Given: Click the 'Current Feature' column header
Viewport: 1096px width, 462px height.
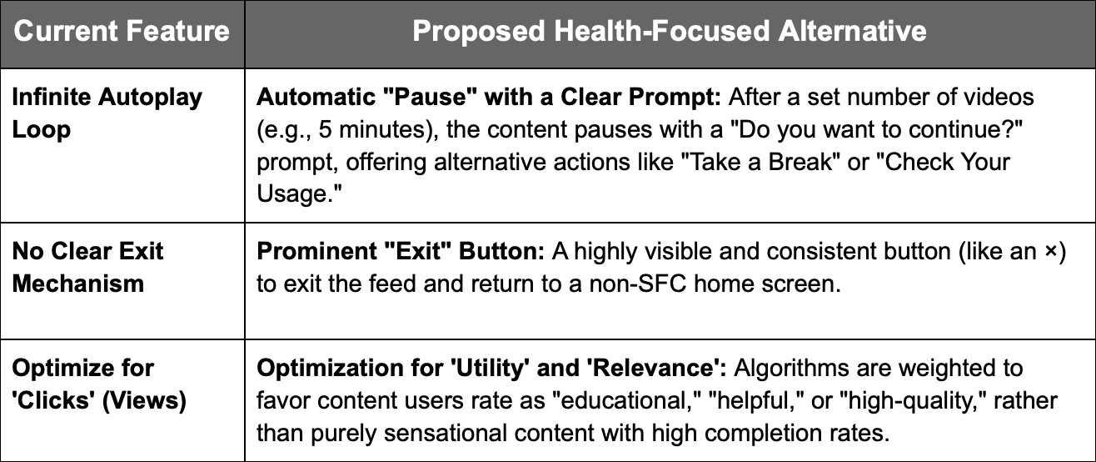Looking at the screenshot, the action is tap(122, 32).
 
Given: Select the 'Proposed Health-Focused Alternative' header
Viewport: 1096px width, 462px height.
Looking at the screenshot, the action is tap(670, 32).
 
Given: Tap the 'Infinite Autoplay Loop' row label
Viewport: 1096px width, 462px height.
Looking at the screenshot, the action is tap(107, 113).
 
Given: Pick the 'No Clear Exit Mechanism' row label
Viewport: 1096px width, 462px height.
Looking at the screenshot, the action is tap(87, 268).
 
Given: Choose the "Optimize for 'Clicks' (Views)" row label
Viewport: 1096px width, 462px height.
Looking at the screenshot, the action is tap(99, 384).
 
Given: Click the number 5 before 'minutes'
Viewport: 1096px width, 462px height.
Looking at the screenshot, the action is tap(325, 130).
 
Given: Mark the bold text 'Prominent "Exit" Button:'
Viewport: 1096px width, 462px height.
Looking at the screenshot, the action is tap(401, 251).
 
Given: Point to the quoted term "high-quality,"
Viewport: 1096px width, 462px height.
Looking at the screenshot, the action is tap(913, 401).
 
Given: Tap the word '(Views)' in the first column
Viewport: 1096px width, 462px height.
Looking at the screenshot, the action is tap(144, 401).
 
